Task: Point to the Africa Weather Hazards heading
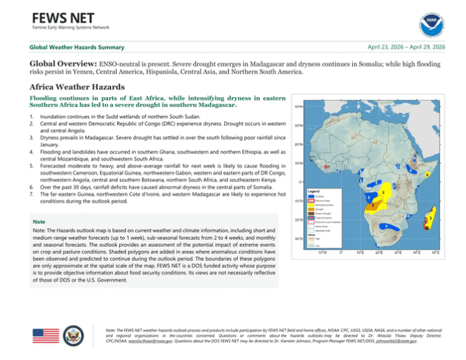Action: point(78,87)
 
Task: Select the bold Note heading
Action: point(39,221)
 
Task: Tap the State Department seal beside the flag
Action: point(75,336)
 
